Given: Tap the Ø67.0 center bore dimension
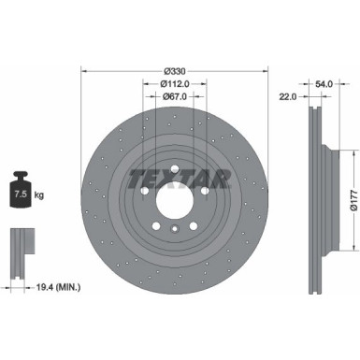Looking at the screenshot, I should [x=175, y=94].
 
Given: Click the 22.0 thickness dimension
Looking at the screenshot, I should [x=287, y=94].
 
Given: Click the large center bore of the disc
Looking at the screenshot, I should [x=175, y=201].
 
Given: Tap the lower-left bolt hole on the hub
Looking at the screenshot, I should [x=157, y=225].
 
